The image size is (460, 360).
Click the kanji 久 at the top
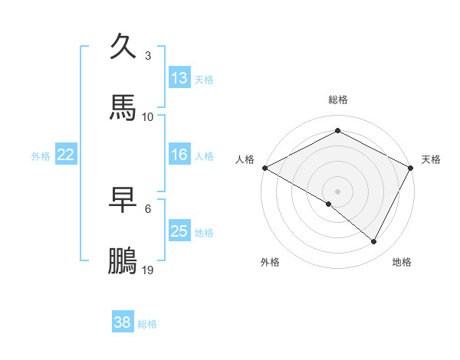(x=123, y=47)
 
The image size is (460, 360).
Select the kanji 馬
(x=123, y=107)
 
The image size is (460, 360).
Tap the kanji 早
(x=123, y=200)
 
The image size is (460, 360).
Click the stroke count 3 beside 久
(x=148, y=56)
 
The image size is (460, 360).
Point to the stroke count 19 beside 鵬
(x=148, y=270)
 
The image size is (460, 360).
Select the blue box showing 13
(x=179, y=77)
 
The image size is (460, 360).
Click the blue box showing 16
(x=179, y=155)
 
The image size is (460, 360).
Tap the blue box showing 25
(x=179, y=231)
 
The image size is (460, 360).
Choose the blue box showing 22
(x=66, y=155)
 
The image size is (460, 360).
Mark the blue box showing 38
(x=123, y=322)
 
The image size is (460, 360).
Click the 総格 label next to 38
(x=147, y=324)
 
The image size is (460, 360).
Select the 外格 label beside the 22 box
(x=41, y=156)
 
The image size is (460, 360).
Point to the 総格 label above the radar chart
(x=338, y=100)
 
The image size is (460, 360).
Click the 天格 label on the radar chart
(x=431, y=159)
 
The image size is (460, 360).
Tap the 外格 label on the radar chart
(x=270, y=262)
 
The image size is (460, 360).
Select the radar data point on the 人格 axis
(x=264, y=167)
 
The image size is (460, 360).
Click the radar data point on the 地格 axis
(x=374, y=242)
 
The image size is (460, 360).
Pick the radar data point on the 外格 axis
(x=329, y=204)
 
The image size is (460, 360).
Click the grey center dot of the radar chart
(x=338, y=191)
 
